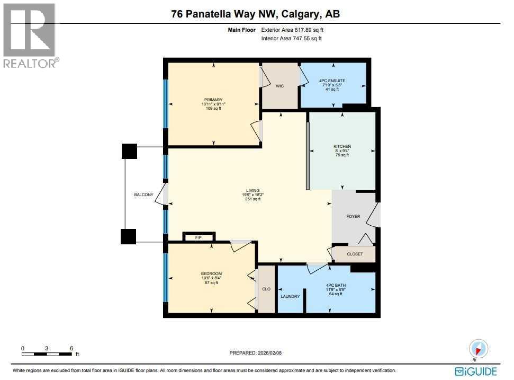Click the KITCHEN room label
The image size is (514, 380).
pyautogui.click(x=342, y=146)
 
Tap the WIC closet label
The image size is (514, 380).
pyautogui.click(x=280, y=86)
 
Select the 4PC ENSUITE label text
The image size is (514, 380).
pyautogui.click(x=332, y=81)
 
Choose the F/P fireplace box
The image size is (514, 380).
pyautogui.click(x=198, y=237)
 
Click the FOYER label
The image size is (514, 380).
pyautogui.click(x=353, y=216)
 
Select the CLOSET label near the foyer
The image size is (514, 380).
pyautogui.click(x=355, y=254)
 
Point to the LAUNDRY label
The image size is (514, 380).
pyautogui.click(x=290, y=296)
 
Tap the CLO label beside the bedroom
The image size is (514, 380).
pyautogui.click(x=266, y=289)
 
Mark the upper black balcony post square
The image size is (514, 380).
pyautogui.click(x=129, y=151)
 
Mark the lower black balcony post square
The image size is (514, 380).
pyautogui.click(x=129, y=236)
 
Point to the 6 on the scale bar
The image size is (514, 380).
pyautogui.click(x=71, y=348)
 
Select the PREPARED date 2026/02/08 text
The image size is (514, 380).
pyautogui.click(x=259, y=353)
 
